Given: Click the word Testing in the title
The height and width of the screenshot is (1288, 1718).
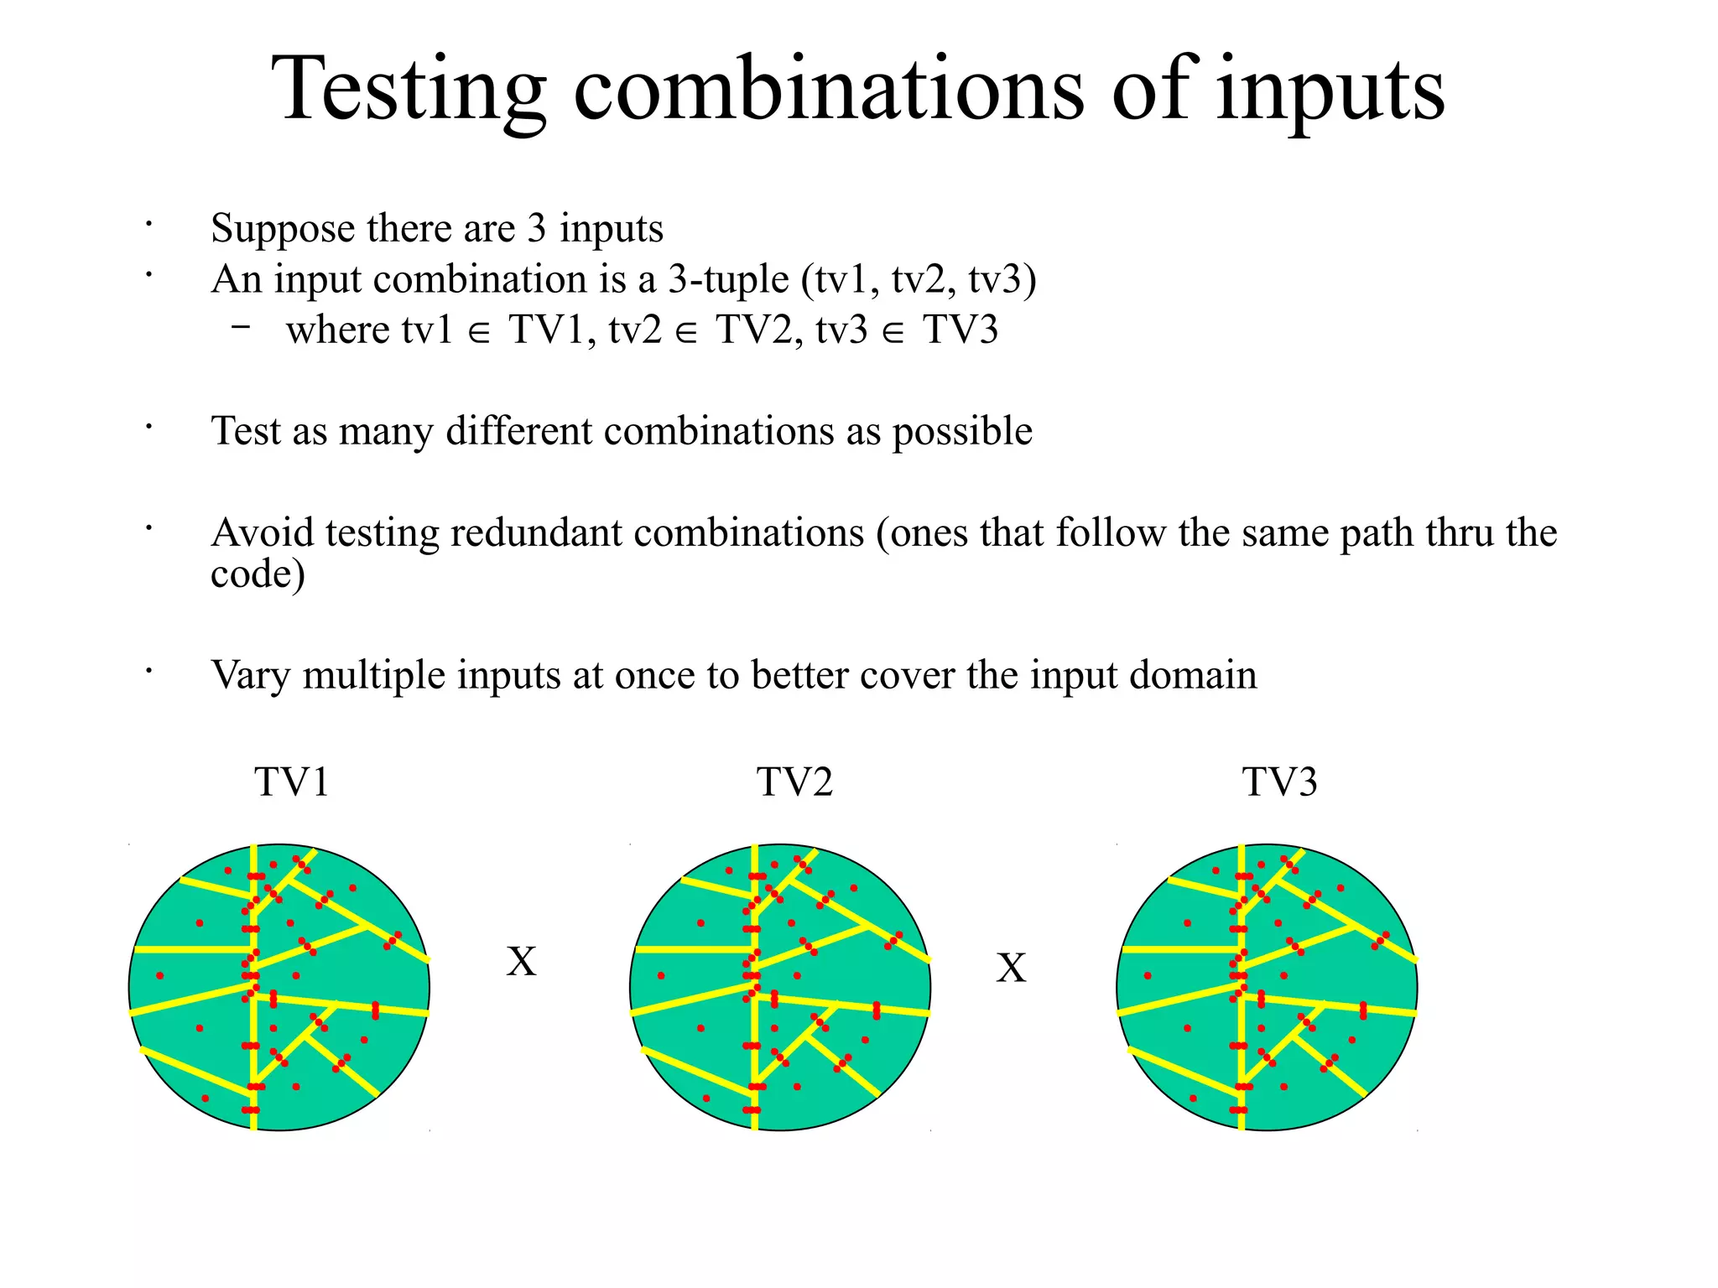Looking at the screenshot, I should pos(409,89).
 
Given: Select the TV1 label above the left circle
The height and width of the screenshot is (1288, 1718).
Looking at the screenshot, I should pos(291,782).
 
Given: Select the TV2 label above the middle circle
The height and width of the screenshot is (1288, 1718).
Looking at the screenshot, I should pos(794,782).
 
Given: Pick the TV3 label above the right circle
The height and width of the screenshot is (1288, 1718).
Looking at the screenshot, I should pos(1279,782).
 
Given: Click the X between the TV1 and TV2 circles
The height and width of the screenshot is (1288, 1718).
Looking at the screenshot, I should pos(521,961).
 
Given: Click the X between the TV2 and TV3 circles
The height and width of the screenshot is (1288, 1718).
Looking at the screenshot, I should pos(1011,968).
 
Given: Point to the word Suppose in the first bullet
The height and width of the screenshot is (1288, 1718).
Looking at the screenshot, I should pos(283,229).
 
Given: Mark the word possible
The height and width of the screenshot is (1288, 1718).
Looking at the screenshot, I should pos(961,431).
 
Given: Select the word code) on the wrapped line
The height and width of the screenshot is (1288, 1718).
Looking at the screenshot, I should pos(257,574).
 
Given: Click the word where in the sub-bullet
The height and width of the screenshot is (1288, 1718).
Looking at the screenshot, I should pos(338,330).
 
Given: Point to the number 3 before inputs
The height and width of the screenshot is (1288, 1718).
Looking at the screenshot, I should pos(537,228).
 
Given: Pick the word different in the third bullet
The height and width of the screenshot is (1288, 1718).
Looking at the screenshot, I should pos(519,431).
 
